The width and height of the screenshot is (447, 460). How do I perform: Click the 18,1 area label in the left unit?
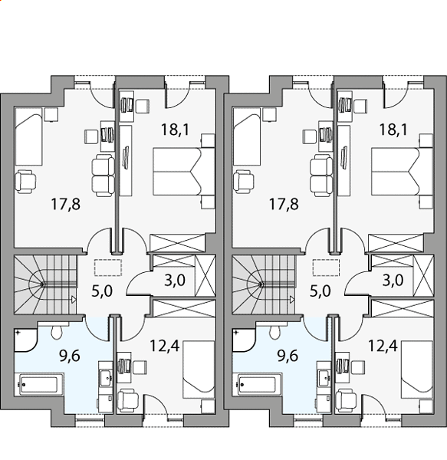[175, 130]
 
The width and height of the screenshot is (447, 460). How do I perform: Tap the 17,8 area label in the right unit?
[284, 204]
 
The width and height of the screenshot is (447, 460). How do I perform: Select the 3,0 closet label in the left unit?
[175, 280]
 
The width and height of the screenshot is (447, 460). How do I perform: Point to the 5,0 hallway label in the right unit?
[320, 291]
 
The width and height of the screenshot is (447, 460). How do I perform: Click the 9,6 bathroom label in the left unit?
[70, 356]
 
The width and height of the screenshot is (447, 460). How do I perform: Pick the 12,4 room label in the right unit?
[383, 346]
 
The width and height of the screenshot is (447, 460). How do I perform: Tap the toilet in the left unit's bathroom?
[56, 331]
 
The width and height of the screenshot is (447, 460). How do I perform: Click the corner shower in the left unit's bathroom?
[25, 340]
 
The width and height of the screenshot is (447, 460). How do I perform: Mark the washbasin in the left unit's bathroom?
[105, 378]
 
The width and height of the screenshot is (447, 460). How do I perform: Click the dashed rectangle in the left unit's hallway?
[108, 268]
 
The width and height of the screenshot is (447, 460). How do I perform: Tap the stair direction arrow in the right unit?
[292, 300]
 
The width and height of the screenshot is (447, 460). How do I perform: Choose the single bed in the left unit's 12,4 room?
[199, 370]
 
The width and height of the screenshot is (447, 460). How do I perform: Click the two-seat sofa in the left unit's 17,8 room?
[103, 176]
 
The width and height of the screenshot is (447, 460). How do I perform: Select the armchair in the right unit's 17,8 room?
[245, 182]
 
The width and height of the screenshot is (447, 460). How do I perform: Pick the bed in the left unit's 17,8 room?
[28, 137]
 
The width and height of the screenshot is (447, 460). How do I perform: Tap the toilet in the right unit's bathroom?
[274, 331]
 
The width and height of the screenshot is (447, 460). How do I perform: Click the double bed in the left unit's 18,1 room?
[184, 171]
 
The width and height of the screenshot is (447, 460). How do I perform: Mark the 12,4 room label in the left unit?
[165, 346]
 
